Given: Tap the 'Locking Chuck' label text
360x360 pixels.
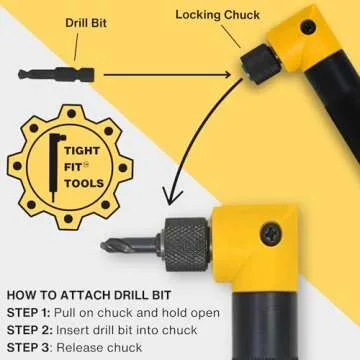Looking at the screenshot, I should click(x=219, y=14).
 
